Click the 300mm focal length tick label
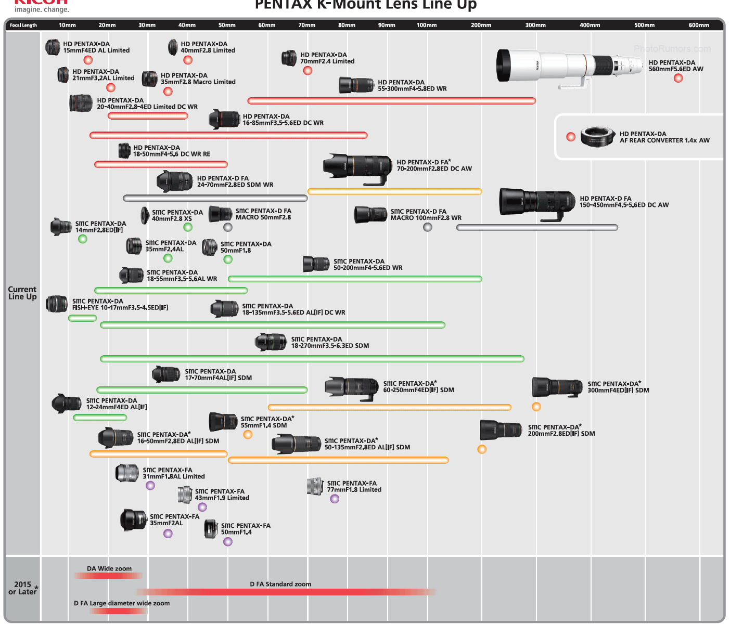click(535, 25)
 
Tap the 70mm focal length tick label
click(307, 25)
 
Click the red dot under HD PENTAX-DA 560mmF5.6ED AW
click(678, 78)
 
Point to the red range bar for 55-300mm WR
click(391, 101)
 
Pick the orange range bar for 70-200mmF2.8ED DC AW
click(394, 192)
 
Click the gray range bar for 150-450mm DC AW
click(537, 227)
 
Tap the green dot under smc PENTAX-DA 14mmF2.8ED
click(82, 239)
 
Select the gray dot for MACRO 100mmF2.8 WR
click(428, 227)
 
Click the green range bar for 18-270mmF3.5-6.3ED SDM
click(312, 359)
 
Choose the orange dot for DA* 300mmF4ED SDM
click(536, 407)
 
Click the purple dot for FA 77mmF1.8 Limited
click(335, 499)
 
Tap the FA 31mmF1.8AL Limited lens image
click(127, 473)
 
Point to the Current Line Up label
click(22, 293)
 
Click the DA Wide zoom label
click(109, 568)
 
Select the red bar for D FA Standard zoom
click(286, 592)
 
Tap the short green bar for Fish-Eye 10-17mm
click(82, 318)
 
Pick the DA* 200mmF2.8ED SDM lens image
click(500, 430)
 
